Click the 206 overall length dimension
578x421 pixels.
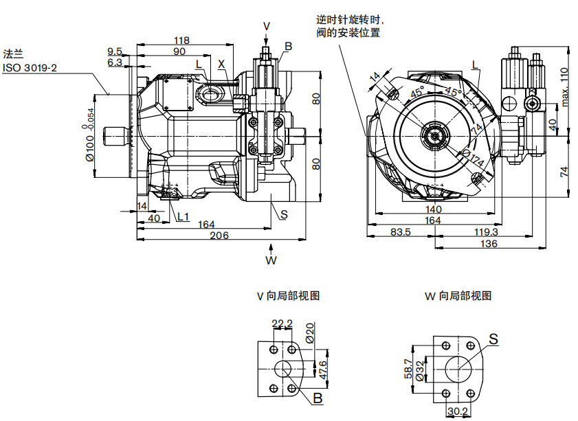tap(219, 235)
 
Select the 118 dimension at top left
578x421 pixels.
tap(181, 40)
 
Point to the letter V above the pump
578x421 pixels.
tap(267, 26)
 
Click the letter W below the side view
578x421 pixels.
tap(271, 261)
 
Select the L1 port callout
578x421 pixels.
tap(182, 217)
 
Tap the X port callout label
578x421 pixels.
tap(221, 64)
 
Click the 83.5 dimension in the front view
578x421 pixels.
tap(400, 232)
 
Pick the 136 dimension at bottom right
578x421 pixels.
tap(489, 244)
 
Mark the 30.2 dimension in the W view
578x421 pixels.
tap(458, 412)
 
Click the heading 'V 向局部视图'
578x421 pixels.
tap(288, 296)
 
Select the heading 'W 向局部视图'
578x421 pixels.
tap(458, 296)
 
